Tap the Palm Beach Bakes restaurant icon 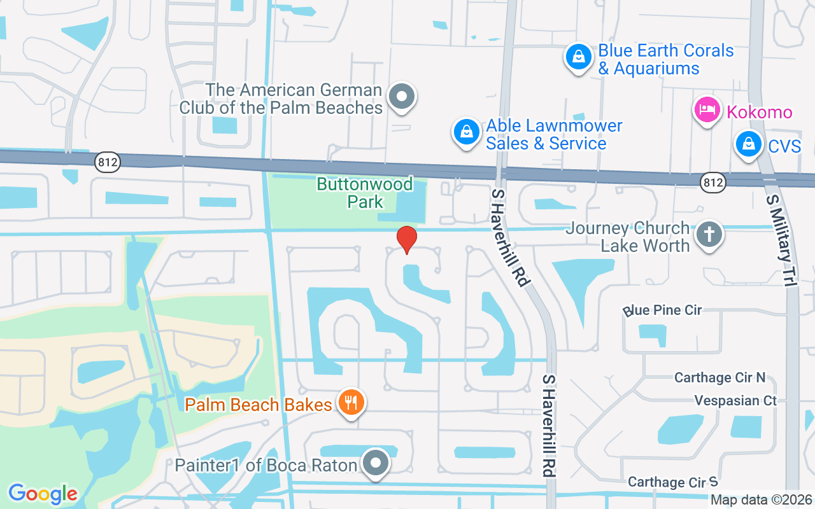point(350,403)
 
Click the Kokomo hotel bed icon point(706,110)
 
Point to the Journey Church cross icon point(709,235)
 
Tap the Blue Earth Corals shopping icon point(578,57)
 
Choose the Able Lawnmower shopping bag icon point(467,132)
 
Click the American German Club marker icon point(401,97)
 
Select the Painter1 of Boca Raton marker point(375,463)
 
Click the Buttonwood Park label point(365,193)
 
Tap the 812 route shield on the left point(107,163)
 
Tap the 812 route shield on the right point(712,183)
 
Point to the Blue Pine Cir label point(662,310)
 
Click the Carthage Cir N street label point(719,378)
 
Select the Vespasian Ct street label point(735,401)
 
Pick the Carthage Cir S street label point(672,482)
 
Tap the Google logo point(43,494)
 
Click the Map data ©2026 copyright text point(761,500)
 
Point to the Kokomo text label point(760,113)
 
